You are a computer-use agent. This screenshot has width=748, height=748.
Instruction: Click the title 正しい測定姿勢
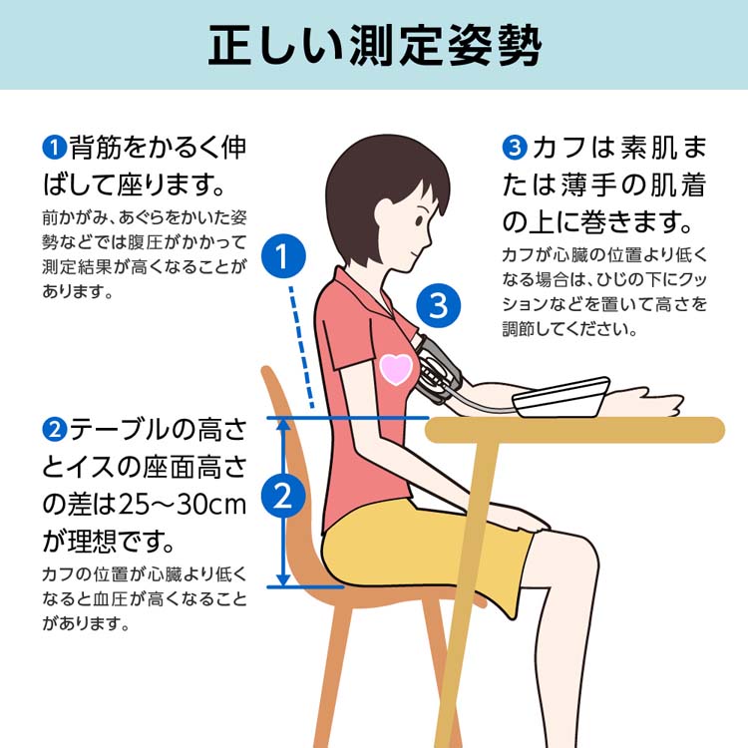pyautogui.click(x=374, y=45)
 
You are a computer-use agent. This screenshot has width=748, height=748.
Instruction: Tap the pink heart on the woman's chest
pyautogui.click(x=396, y=370)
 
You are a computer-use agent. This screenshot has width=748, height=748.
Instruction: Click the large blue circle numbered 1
pyautogui.click(x=283, y=256)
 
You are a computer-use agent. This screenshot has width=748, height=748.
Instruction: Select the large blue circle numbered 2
pyautogui.click(x=283, y=495)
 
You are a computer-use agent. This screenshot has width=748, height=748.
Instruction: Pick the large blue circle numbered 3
pyautogui.click(x=439, y=306)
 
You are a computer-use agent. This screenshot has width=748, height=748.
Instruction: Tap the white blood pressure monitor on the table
pyautogui.click(x=561, y=397)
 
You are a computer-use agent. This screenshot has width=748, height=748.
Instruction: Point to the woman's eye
pyautogui.click(x=418, y=220)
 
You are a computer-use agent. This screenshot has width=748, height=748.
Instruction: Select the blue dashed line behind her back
pyautogui.click(x=301, y=347)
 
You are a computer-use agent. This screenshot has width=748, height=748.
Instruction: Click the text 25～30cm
pyautogui.click(x=183, y=505)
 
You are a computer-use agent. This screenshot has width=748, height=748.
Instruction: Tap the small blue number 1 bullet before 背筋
pyautogui.click(x=55, y=148)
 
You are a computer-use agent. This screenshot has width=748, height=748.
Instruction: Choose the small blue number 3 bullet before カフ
pyautogui.click(x=515, y=148)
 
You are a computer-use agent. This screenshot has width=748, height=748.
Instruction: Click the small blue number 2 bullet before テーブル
pyautogui.click(x=55, y=429)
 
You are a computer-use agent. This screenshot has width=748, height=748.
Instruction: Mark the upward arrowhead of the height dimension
pyautogui.click(x=283, y=424)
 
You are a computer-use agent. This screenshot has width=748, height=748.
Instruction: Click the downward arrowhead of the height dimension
pyautogui.click(x=283, y=579)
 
